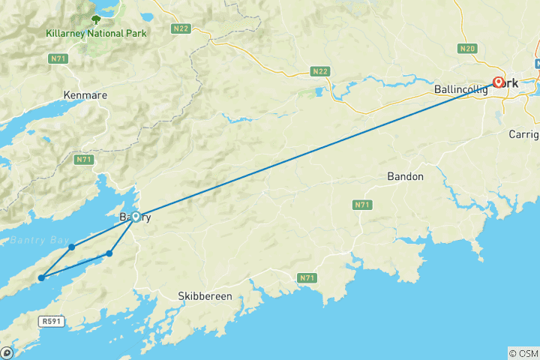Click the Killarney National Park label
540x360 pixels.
coord(96,33)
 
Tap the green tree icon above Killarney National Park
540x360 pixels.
coord(96,19)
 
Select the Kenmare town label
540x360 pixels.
coord(85,96)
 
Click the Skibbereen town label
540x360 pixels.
coord(205,296)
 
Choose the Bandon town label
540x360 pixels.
coord(405,177)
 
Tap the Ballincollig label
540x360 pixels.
coord(460,89)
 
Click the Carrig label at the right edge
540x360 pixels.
coord(523,135)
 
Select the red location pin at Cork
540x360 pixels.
coord(499,82)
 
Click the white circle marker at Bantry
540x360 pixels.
coord(136,217)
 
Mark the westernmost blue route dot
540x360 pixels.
coord(41,278)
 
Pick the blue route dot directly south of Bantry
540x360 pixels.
coord(109,253)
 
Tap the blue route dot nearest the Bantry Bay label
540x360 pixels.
coord(71,247)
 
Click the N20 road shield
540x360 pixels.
coord(467,49)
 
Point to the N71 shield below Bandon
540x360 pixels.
coord(362,205)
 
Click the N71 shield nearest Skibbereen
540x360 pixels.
coord(306,278)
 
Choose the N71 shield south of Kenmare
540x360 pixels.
coord(83,160)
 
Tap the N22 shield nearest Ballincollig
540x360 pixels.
coord(320,72)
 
